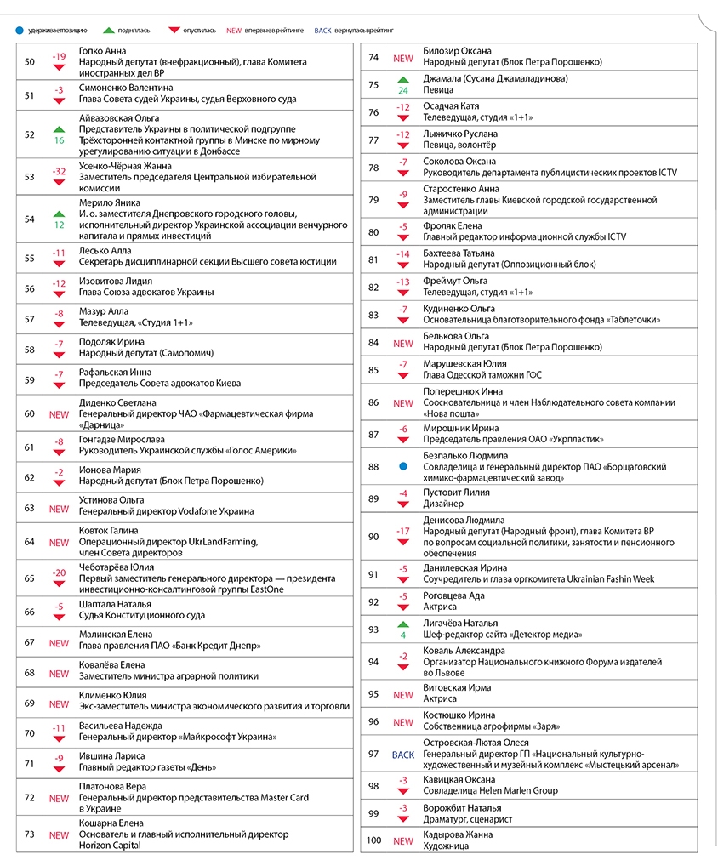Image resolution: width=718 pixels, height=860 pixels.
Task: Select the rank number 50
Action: point(30,62)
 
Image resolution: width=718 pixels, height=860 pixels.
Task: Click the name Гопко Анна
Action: point(102,51)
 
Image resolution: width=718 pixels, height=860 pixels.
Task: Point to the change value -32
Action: point(59,172)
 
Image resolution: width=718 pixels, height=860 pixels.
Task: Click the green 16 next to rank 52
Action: point(59,140)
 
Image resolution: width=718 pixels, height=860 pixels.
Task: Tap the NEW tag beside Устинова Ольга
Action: point(59,509)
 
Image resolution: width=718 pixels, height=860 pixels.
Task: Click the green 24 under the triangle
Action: point(403,89)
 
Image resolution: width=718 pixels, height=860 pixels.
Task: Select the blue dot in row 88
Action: point(403,467)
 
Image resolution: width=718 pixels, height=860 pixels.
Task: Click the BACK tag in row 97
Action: point(403,754)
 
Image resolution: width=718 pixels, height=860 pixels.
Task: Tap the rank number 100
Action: point(373,841)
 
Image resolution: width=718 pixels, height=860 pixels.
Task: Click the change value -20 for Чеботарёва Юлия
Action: point(59,572)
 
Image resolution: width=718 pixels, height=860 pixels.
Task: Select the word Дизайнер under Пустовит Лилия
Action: point(444,504)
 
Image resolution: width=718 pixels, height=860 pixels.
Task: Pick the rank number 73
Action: point(30,834)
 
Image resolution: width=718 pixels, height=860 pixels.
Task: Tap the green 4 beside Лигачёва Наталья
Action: point(403,634)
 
